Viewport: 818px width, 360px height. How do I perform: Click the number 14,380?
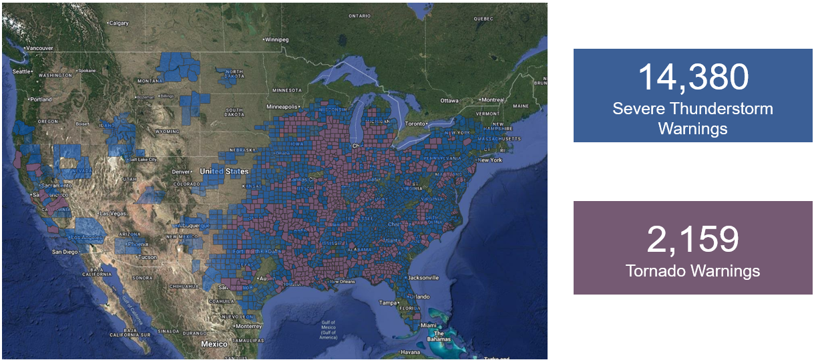692,77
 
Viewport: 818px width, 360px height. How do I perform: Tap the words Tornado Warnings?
692,271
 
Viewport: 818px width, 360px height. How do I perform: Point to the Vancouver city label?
41,48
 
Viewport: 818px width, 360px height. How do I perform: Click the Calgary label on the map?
118,23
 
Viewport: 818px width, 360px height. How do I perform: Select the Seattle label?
21,71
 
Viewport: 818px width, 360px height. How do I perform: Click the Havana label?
411,352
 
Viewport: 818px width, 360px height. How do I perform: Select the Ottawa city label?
449,100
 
